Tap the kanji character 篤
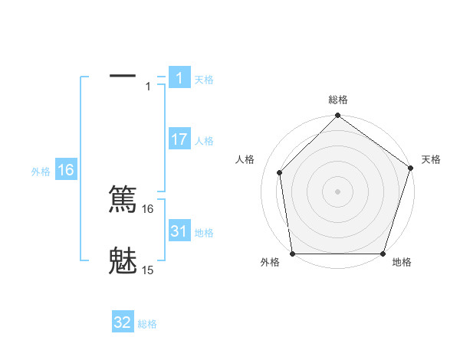click(123, 199)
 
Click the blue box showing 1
click(179, 77)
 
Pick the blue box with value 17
click(179, 139)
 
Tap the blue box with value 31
click(179, 231)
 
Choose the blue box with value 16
click(66, 170)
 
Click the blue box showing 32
click(123, 322)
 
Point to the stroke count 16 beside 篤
click(148, 208)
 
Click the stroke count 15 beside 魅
click(148, 270)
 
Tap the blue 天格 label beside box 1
click(204, 79)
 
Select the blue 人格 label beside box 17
click(204, 141)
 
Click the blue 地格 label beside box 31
click(204, 233)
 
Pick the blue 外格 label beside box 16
click(41, 172)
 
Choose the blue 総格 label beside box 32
click(147, 324)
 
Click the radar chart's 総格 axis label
click(338, 100)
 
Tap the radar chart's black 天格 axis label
click(431, 159)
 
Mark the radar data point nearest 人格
click(280, 172)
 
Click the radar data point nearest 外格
click(292, 254)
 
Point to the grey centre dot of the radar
click(338, 191)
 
